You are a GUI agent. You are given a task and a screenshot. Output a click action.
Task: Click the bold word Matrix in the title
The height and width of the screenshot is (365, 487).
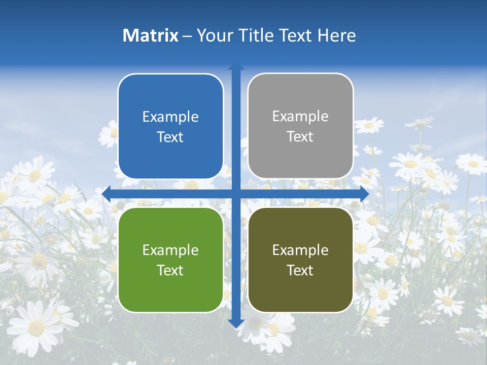pyautogui.click(x=150, y=35)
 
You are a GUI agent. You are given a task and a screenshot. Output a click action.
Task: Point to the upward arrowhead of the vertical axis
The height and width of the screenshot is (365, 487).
pyautogui.click(x=236, y=66)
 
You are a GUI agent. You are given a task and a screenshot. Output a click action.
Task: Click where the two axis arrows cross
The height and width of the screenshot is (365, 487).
pyautogui.click(x=236, y=194)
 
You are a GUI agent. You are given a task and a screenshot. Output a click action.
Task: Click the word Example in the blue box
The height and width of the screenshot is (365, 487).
pyautogui.click(x=170, y=117)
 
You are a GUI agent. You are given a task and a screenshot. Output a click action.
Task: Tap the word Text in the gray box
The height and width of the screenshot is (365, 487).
pyautogui.click(x=300, y=137)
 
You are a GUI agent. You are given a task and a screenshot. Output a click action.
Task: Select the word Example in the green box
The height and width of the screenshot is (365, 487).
pyautogui.click(x=170, y=250)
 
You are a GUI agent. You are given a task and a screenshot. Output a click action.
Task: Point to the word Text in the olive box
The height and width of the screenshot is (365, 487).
pyautogui.click(x=300, y=270)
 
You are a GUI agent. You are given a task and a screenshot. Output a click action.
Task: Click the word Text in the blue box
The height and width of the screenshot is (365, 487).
pyautogui.click(x=170, y=137)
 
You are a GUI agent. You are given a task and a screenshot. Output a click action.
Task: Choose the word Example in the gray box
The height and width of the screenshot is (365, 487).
pyautogui.click(x=300, y=117)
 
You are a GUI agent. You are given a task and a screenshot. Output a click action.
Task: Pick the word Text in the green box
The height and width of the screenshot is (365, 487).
pyautogui.click(x=170, y=270)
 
